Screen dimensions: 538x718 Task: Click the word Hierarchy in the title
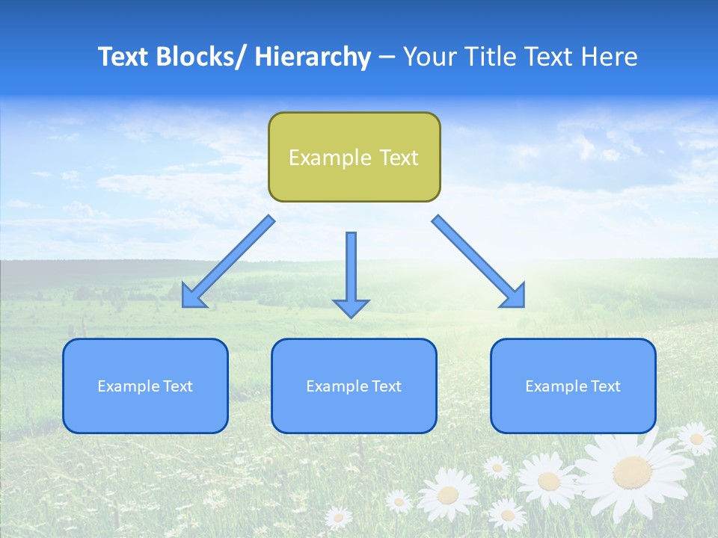coord(313,57)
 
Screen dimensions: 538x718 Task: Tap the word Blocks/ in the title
coord(203,57)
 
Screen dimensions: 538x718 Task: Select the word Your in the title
coord(430,57)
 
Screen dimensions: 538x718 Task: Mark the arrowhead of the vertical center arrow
coord(351,309)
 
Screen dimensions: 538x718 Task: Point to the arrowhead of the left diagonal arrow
coord(191,297)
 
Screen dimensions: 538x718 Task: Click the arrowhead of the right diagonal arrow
coord(515,297)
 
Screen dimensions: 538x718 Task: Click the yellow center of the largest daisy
coord(633,472)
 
